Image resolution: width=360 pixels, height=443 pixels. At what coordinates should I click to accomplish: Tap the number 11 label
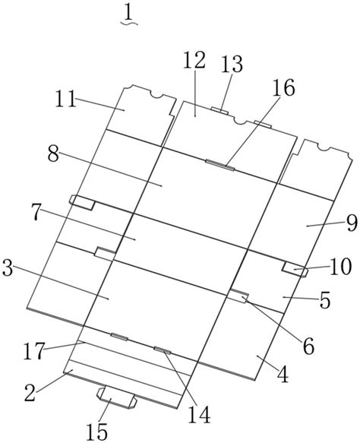(x=66, y=99)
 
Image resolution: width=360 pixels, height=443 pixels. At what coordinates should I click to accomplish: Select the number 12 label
(x=194, y=60)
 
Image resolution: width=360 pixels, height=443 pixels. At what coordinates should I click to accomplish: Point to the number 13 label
(x=232, y=64)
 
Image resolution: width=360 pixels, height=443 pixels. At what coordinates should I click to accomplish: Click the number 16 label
(x=283, y=87)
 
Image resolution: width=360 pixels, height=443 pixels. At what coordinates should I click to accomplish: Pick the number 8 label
(x=53, y=154)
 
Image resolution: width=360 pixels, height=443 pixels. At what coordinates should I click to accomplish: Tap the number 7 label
(x=36, y=213)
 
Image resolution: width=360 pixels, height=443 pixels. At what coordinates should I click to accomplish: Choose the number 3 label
(x=8, y=268)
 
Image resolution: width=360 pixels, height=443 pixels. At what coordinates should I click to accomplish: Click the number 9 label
(x=352, y=223)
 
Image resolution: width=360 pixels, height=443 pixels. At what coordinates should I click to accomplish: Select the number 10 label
(x=340, y=267)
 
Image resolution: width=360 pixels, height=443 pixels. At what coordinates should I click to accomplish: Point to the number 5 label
(x=324, y=300)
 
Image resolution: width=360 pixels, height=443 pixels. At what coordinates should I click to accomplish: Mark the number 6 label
(x=308, y=346)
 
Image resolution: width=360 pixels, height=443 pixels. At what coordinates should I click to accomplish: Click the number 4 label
(x=283, y=375)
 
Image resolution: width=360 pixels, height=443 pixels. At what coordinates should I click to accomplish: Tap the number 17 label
(x=34, y=351)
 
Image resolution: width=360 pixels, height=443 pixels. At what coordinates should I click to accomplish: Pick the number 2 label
(x=30, y=393)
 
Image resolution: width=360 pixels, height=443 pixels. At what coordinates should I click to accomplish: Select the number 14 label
(x=200, y=415)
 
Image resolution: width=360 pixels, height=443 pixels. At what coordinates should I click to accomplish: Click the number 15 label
(x=97, y=432)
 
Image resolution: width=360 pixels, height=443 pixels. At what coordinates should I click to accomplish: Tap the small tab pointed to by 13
(x=220, y=110)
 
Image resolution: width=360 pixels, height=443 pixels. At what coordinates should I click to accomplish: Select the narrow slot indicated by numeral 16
(x=220, y=166)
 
